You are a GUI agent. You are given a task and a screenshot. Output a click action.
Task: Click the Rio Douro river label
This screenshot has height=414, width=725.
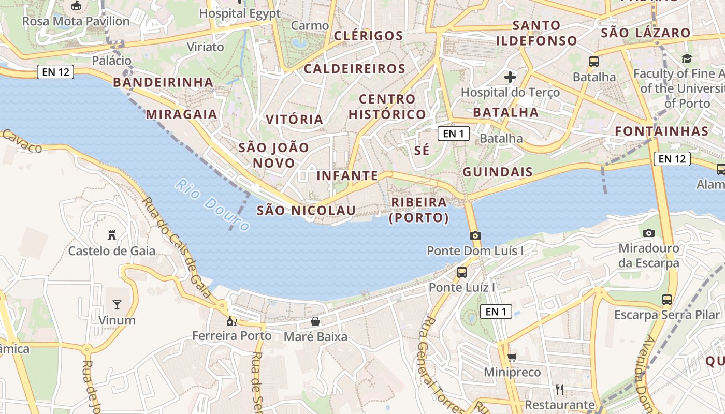212,205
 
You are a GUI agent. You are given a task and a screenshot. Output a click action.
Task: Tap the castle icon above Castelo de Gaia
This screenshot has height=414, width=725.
111,235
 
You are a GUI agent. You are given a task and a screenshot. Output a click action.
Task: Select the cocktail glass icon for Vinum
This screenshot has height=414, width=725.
117,304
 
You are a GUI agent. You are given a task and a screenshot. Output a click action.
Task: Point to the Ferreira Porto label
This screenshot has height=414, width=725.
232,336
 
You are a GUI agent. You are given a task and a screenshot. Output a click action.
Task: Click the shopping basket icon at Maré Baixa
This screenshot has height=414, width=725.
315,322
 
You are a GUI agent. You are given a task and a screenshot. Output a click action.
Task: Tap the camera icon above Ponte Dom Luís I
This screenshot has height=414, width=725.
475,235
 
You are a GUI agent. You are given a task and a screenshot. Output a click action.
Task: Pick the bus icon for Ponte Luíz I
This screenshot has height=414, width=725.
462,272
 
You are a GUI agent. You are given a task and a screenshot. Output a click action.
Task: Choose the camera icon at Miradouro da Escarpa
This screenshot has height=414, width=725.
648,233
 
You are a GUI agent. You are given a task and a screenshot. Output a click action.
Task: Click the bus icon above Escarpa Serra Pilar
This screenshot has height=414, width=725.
667,299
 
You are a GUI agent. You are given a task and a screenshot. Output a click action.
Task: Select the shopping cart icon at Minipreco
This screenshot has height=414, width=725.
512,357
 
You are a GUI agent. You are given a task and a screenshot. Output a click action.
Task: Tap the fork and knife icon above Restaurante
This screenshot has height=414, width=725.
559,389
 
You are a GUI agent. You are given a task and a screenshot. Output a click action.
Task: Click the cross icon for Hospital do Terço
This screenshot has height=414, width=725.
510,78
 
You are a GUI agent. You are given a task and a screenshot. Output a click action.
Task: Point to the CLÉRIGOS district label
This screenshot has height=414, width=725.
369,36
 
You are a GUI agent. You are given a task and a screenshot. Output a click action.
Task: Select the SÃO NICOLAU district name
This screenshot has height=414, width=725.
307,210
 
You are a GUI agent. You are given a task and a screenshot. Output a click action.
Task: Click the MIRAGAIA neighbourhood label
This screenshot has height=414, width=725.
182,114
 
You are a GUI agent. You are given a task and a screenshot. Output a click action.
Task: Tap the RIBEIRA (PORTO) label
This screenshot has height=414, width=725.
419,210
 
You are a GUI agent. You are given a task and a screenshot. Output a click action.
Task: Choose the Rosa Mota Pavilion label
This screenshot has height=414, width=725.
76,21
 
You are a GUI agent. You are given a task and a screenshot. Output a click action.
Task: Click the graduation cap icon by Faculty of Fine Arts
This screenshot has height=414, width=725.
687,58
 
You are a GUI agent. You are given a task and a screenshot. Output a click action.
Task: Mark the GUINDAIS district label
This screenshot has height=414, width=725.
498,172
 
